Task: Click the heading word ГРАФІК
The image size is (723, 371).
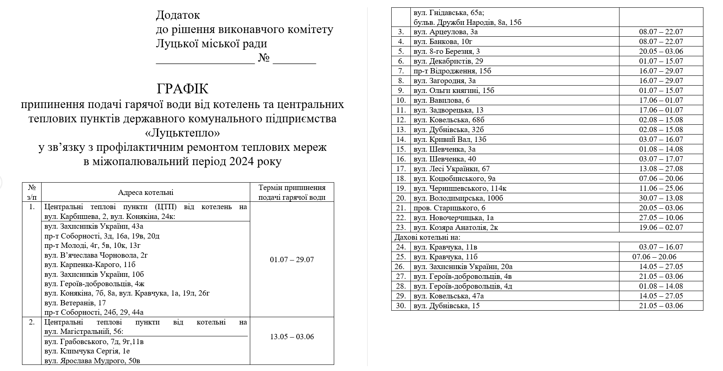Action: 182,88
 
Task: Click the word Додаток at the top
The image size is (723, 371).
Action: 178,15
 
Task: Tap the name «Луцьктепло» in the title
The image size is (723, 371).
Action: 182,133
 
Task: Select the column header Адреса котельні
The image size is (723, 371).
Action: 145,192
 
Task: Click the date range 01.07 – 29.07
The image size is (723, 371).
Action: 292,260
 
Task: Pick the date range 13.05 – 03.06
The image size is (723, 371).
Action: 292,337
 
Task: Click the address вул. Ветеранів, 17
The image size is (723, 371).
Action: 75,303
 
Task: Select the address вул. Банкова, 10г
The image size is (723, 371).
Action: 443,42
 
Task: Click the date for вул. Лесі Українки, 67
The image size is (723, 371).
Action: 661,169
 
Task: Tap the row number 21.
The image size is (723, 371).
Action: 401,208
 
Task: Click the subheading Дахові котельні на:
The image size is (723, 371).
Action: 427,237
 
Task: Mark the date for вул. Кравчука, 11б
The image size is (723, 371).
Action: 654,257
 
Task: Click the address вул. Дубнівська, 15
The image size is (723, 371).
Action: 447,306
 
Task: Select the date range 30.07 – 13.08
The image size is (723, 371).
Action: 661,198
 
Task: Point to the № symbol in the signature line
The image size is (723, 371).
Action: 264,58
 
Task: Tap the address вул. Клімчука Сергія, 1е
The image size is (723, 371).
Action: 87,351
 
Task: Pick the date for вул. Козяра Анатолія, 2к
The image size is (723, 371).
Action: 661,227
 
